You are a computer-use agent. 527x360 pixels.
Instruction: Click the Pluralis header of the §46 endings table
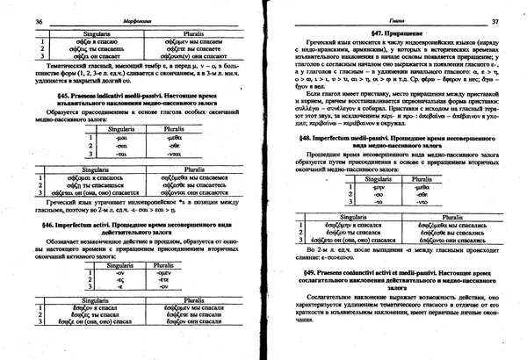click(163, 264)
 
